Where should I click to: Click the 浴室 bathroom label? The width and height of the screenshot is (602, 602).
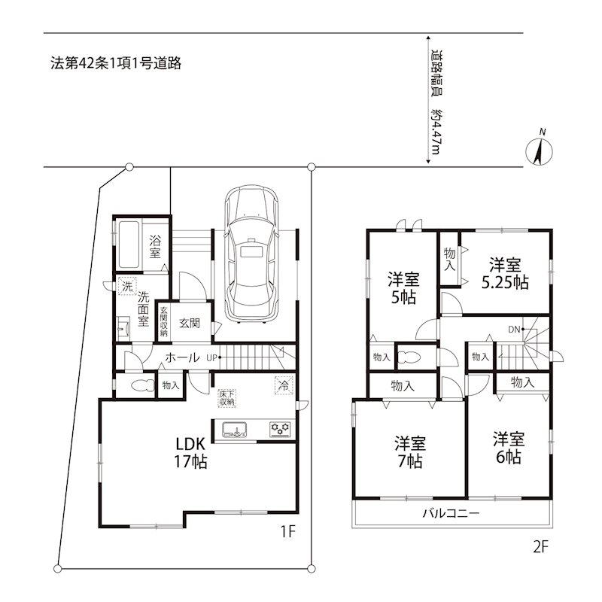[155, 247]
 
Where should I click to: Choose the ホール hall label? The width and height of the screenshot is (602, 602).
[181, 357]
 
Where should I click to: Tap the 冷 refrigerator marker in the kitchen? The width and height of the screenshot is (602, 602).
[284, 384]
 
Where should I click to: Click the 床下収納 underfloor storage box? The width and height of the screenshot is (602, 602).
[227, 399]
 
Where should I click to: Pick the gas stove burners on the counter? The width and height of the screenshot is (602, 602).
[281, 430]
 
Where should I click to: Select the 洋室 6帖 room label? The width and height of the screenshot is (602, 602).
[509, 447]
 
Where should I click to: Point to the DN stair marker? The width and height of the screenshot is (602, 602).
[515, 329]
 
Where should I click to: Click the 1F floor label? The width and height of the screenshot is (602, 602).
[287, 532]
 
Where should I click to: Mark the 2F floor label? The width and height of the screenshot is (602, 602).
[539, 547]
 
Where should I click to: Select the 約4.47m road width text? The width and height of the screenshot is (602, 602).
[436, 134]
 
